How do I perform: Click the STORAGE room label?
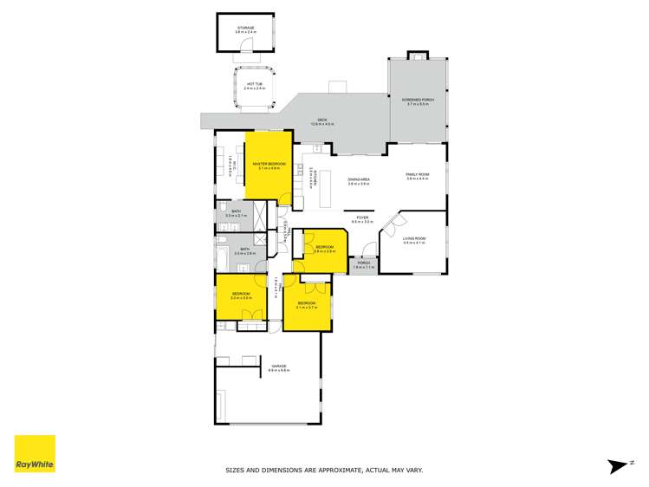(247, 29)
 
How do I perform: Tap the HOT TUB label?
(253, 85)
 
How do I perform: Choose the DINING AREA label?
(359, 181)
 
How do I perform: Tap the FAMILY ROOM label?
(419, 177)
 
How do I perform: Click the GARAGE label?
(279, 367)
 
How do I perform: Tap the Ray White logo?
(35, 453)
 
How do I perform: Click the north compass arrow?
(618, 465)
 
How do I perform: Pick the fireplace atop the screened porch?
(418, 56)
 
